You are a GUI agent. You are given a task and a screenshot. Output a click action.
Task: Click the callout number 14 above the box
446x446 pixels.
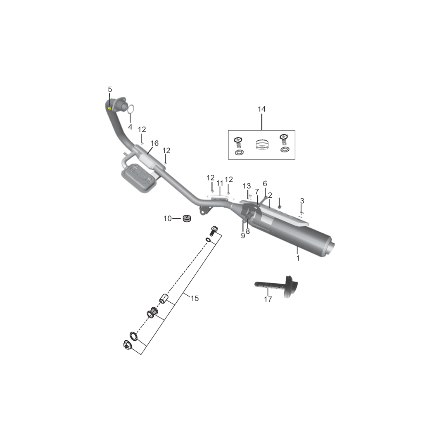coord(262,109)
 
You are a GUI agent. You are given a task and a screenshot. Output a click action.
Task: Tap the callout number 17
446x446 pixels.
coord(268,299)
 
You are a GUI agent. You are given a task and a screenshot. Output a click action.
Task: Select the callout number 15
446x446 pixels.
coord(195,298)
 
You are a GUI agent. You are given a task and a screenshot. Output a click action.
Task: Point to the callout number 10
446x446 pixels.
coord(167,218)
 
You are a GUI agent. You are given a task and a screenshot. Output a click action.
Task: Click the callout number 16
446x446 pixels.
coord(154,144)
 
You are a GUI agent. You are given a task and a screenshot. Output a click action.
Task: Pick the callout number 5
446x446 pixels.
coord(110,90)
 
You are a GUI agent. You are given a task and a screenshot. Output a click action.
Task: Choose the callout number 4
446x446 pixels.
coord(130,127)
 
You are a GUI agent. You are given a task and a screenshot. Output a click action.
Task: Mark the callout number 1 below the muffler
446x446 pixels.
coord(298,258)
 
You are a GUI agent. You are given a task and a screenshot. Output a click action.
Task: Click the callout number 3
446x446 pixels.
coord(302,201)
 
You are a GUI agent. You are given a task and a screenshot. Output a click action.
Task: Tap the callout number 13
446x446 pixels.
coord(247,186)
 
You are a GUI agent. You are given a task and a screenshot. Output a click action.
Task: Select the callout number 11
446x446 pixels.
coord(220,183)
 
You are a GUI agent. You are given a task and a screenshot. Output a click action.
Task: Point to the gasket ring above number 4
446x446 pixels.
coord(131,109)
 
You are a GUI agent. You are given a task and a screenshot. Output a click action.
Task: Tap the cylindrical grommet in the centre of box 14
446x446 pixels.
coord(262,145)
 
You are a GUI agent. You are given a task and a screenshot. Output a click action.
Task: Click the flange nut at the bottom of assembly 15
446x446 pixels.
coord(127,345)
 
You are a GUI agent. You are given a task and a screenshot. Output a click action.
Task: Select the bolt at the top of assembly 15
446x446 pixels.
coord(214,230)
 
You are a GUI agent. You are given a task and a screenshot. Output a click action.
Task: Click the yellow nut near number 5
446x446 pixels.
coord(109,108)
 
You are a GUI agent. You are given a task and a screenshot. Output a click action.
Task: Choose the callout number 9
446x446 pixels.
coord(243,236)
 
